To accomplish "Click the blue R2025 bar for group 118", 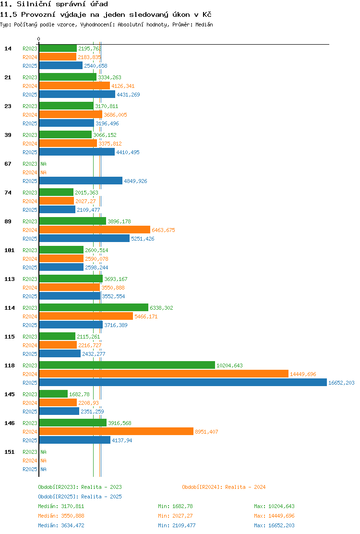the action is (183, 382).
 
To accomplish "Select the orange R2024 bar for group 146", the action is (116, 432).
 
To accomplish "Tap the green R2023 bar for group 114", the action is (94, 307).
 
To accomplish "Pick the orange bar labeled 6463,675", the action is (95, 230).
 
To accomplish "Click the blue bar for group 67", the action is (81, 181).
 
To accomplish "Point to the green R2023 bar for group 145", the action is (53, 394).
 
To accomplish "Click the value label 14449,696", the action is (303, 374).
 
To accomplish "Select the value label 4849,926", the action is (135, 181).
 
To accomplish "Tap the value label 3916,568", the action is (120, 424).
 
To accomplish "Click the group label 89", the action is (8, 222).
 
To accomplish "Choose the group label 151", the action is (10, 452).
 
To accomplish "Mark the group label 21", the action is (8, 78).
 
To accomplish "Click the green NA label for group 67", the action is (44, 164).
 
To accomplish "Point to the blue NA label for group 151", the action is (44, 469).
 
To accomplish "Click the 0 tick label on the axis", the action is (39, 39).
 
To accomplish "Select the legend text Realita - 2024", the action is (245, 487).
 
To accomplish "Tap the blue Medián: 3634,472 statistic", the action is (61, 525).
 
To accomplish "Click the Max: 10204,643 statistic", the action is (274, 507).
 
